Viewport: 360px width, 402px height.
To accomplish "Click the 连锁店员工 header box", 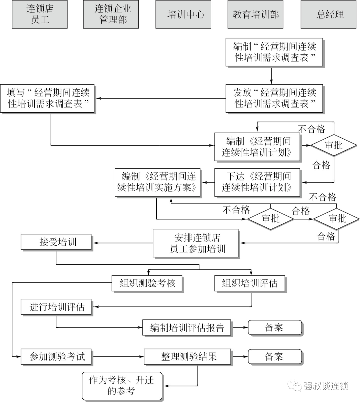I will [x=40, y=14].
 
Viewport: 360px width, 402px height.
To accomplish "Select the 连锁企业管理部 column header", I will [x=111, y=14].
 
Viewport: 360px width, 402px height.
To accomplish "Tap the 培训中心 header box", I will [x=183, y=14].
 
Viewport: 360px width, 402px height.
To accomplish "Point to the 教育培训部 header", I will [x=255, y=14].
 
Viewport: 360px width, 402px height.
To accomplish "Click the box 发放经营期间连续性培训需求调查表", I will [x=274, y=98].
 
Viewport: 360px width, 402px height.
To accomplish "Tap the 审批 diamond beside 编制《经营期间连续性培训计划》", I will [x=333, y=145].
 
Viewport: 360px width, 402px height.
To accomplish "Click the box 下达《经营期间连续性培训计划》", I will [x=257, y=182].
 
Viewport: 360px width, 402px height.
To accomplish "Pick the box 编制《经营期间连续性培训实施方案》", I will [x=158, y=182].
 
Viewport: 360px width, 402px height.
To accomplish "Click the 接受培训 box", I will [x=56, y=242].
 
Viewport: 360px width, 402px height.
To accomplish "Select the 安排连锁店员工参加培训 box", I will [x=196, y=243].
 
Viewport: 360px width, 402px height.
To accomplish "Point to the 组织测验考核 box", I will [x=147, y=283].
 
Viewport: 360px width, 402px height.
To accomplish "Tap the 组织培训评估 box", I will [x=250, y=283].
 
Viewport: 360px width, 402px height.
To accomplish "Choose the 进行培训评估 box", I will [x=56, y=307].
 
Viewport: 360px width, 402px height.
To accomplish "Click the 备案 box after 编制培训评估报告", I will [x=275, y=328].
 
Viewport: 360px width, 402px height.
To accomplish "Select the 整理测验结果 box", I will [x=187, y=357].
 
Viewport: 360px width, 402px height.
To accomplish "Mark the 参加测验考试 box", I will [x=56, y=357].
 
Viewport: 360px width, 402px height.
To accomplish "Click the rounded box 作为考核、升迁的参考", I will [x=122, y=386].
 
